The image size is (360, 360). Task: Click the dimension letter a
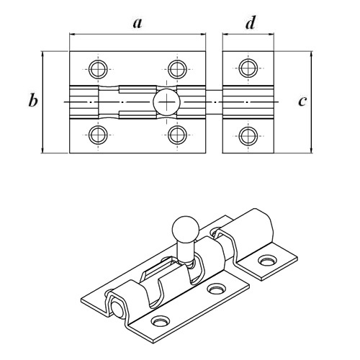click(x=138, y=23)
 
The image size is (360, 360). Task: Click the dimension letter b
click(x=33, y=100)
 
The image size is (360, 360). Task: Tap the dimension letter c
click(x=302, y=101)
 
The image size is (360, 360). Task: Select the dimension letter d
click(x=251, y=22)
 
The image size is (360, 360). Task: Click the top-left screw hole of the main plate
click(x=98, y=69)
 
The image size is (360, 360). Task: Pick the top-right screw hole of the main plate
click(x=177, y=69)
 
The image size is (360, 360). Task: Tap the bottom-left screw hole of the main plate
click(x=98, y=135)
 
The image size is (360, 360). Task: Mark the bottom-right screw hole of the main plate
click(x=177, y=135)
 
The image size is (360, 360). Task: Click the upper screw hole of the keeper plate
click(x=248, y=68)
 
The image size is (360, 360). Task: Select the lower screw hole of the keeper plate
click(x=248, y=136)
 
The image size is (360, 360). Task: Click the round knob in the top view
click(x=166, y=102)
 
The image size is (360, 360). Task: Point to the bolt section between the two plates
click(x=214, y=102)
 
